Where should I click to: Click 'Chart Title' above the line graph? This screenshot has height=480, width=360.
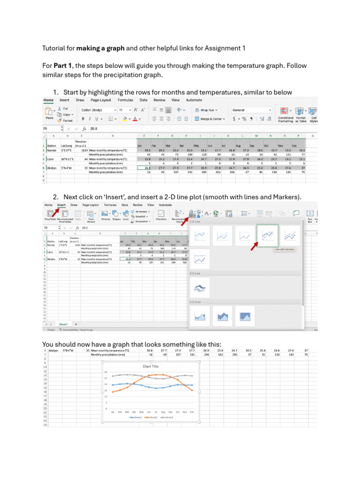click(150, 367)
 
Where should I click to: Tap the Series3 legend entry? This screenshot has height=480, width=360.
click(167, 417)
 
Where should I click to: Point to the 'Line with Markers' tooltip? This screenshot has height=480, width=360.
click(284, 249)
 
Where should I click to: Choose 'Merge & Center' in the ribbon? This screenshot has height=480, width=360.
click(209, 119)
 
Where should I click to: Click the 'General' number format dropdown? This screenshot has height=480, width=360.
click(251, 110)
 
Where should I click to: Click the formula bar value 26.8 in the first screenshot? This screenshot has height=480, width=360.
click(94, 128)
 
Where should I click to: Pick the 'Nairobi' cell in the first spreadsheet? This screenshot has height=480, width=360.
click(52, 150)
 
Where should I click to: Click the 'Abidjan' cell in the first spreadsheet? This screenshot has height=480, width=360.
click(52, 167)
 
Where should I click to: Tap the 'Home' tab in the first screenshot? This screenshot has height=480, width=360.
click(48, 100)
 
